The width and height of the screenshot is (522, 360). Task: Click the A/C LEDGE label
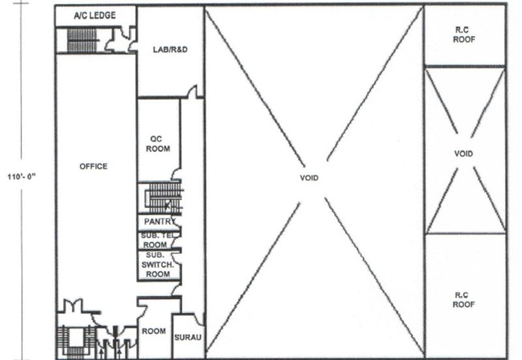(95, 15)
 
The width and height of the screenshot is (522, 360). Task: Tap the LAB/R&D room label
(170, 50)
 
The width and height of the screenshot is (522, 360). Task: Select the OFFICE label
(93, 166)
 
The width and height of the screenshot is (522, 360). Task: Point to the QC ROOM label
(158, 143)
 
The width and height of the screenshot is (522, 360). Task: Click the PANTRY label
(159, 221)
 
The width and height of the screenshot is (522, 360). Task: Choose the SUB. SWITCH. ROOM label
(157, 265)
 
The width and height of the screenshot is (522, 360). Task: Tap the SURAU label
(188, 337)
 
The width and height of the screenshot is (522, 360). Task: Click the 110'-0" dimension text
(22, 176)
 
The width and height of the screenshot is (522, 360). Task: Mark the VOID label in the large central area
(309, 178)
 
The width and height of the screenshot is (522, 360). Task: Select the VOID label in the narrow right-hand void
(463, 154)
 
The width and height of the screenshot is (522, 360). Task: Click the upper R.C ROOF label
(464, 35)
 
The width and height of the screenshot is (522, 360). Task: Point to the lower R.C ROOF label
(463, 299)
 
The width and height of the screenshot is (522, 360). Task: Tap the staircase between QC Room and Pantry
(164, 198)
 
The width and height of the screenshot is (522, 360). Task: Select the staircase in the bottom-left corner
(76, 342)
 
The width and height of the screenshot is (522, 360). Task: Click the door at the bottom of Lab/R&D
(192, 92)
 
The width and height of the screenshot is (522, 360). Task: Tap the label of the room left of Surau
(153, 331)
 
